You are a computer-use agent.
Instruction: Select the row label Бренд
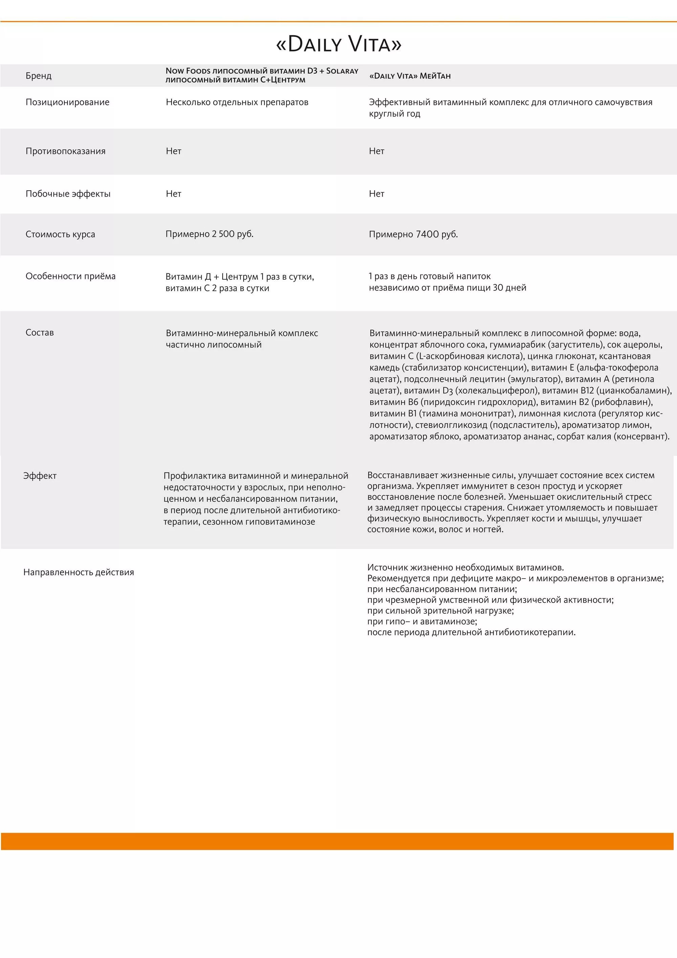[x=38, y=76]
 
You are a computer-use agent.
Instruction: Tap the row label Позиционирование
[x=67, y=102]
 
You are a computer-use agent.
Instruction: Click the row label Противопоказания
[x=65, y=151]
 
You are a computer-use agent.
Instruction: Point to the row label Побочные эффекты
[x=68, y=194]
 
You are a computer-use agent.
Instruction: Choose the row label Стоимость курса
[x=60, y=234]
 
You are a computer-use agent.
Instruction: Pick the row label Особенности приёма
[x=70, y=276]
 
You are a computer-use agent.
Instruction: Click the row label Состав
[x=40, y=332]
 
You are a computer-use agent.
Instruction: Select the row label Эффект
[x=40, y=476]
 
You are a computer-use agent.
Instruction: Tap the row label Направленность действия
[x=79, y=572]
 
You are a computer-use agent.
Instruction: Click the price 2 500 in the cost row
[x=223, y=234]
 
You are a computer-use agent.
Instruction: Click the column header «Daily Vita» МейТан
[x=410, y=76]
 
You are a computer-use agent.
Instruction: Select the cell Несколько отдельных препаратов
[x=237, y=102]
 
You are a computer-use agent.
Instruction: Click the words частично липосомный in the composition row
[x=214, y=345]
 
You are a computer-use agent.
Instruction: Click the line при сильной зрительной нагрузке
[x=440, y=610]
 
